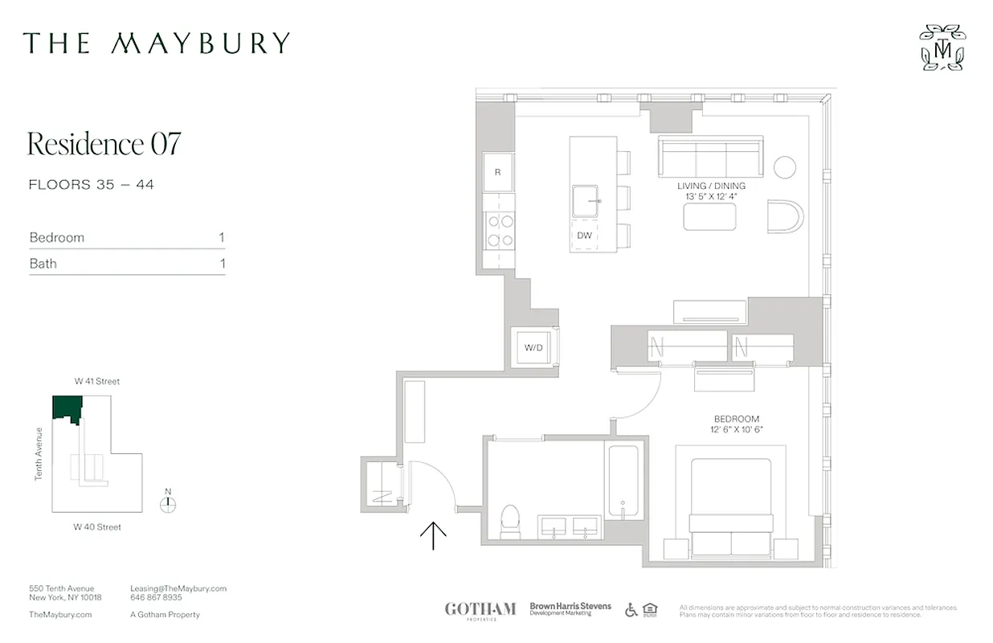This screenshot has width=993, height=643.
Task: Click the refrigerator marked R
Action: pyautogui.click(x=498, y=173)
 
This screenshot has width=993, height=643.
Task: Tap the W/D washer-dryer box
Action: pyautogui.click(x=533, y=348)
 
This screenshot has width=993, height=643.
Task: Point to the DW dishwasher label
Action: pyautogui.click(x=585, y=235)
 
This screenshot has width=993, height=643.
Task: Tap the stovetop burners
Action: pyautogui.click(x=500, y=231)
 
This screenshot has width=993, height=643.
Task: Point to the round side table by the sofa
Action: pyautogui.click(x=785, y=167)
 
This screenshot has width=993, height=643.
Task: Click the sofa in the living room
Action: pyautogui.click(x=709, y=156)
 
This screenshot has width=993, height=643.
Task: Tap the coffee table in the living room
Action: pyautogui.click(x=709, y=216)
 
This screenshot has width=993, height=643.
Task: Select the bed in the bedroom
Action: pyautogui.click(x=731, y=506)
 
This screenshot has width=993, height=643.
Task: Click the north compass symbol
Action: pyautogui.click(x=168, y=504)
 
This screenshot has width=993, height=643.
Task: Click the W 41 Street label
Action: pyautogui.click(x=97, y=382)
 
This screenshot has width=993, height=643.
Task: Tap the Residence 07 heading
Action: pyautogui.click(x=104, y=144)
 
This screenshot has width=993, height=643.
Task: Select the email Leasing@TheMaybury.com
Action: pyautogui.click(x=178, y=588)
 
